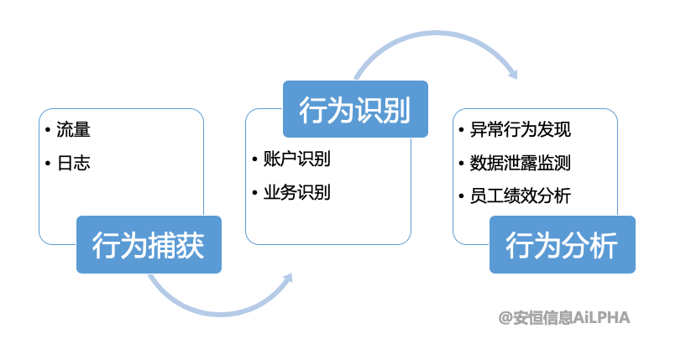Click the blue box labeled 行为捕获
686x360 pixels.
click(x=149, y=244)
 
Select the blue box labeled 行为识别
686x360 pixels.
click(x=355, y=108)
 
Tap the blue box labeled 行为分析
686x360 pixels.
click(x=562, y=244)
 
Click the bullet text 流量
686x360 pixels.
click(x=73, y=130)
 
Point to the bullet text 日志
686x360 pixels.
click(x=73, y=163)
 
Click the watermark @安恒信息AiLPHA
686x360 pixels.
click(x=563, y=317)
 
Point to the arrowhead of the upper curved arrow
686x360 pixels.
click(x=513, y=73)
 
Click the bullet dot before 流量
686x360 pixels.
click(x=49, y=131)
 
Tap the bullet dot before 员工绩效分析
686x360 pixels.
click(x=463, y=196)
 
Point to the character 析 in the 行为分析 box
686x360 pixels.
click(x=603, y=244)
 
